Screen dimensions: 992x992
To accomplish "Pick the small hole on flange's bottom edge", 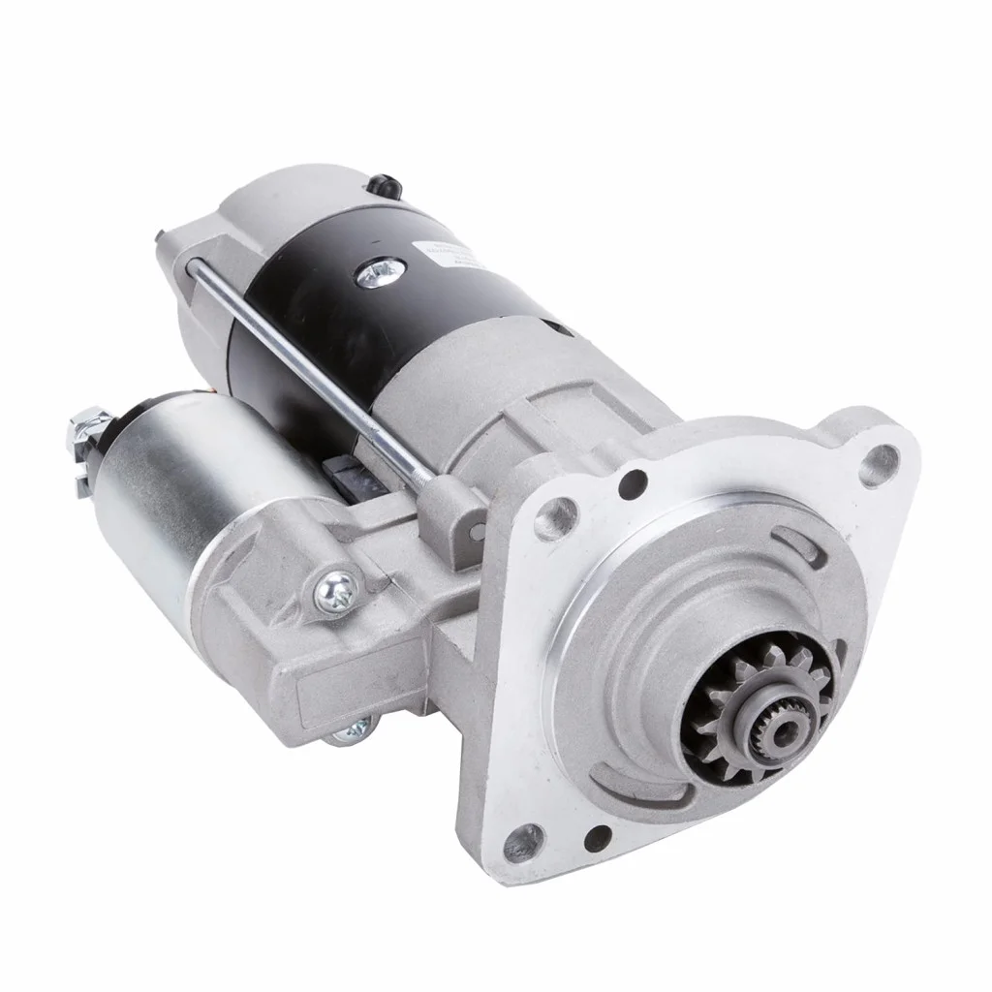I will pyautogui.click(x=598, y=835).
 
